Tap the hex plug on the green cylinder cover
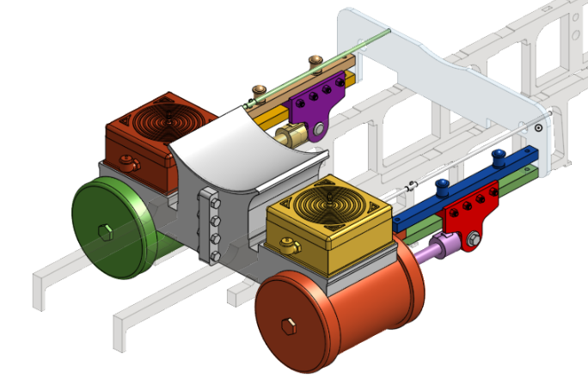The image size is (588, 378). tap(105, 231)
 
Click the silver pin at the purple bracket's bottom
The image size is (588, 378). tap(318, 129)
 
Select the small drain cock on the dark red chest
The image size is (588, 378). tap(128, 160)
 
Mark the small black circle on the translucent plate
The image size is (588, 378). tap(537, 127)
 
